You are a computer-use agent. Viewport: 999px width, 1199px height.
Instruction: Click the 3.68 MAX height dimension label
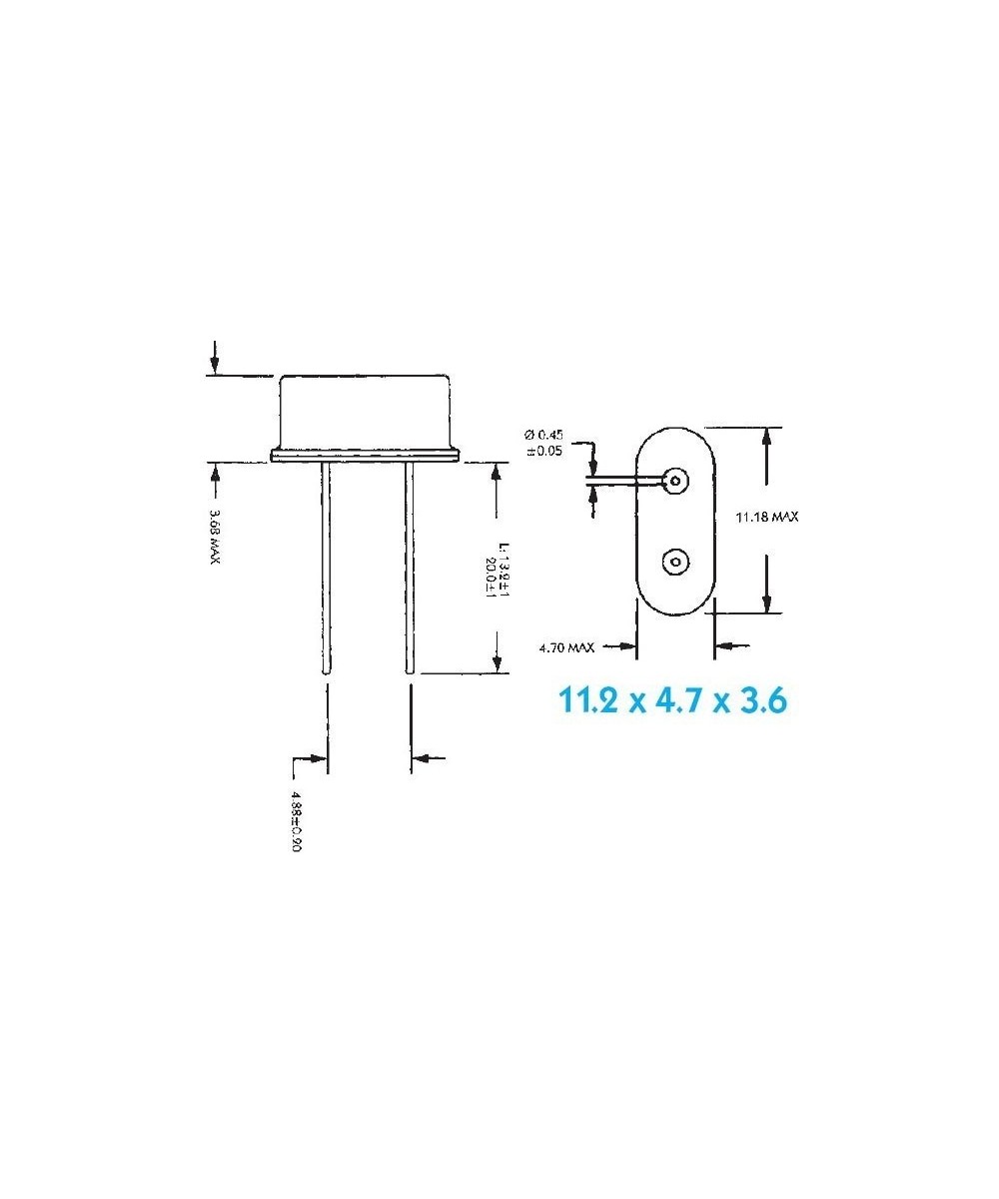(x=214, y=537)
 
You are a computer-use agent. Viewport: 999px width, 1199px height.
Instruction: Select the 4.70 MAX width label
(x=565, y=647)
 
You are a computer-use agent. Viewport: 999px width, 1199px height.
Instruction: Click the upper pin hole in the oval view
(x=676, y=481)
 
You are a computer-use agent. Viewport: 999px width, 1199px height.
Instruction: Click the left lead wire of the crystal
(x=327, y=570)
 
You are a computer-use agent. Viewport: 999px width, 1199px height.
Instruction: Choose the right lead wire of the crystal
(x=408, y=570)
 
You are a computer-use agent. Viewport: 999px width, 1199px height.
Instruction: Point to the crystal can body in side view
(x=366, y=412)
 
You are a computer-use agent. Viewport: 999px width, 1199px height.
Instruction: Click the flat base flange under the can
(x=366, y=456)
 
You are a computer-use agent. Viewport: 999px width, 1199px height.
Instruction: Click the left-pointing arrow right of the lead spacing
(x=428, y=758)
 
